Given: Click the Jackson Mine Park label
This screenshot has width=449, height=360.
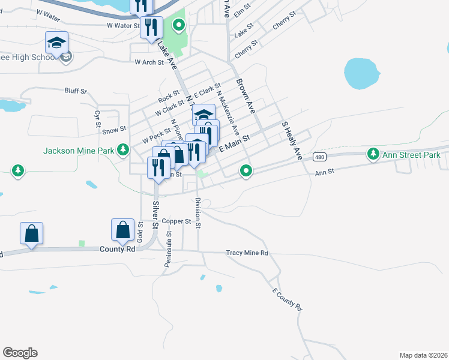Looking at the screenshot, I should (x=79, y=151).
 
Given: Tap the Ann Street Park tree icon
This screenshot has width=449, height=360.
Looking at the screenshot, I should (x=373, y=154).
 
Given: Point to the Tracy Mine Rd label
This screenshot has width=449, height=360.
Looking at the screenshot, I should (x=247, y=253).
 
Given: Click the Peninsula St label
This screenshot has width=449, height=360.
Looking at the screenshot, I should (x=167, y=250).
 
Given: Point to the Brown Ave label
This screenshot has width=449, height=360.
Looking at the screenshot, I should (x=246, y=96).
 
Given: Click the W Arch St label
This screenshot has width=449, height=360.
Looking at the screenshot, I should (x=149, y=62).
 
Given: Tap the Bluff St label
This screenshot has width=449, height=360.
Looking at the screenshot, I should (x=76, y=91).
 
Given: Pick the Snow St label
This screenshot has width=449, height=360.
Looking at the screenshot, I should (x=114, y=129).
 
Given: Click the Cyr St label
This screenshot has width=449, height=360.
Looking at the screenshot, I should (x=97, y=119).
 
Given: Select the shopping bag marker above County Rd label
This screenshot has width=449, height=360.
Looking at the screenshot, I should (x=122, y=230).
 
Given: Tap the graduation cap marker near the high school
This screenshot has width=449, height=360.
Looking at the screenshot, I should (x=57, y=43).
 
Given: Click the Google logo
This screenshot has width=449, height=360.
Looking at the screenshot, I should (x=20, y=353).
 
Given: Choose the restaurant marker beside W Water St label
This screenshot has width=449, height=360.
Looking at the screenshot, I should (x=151, y=27).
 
